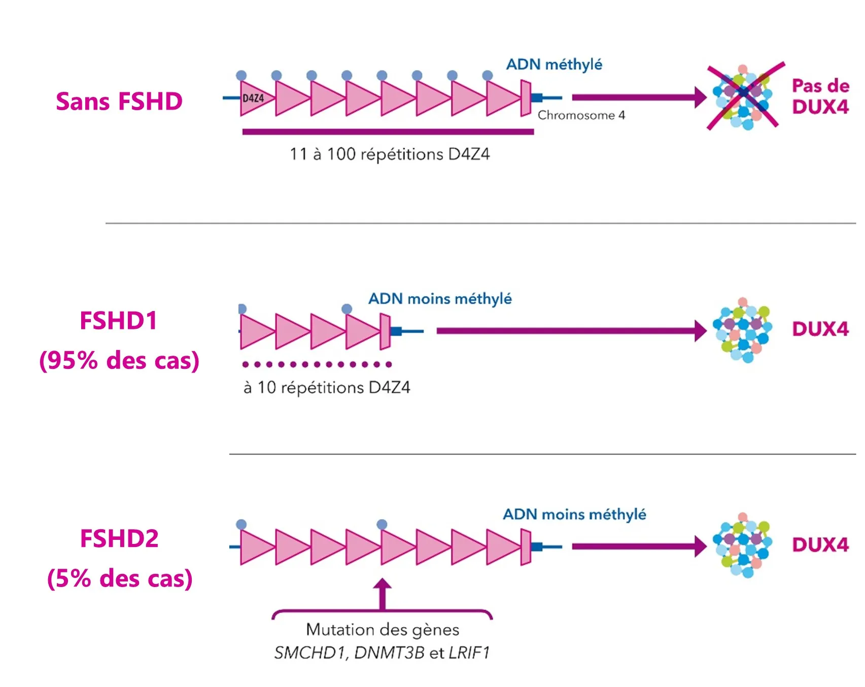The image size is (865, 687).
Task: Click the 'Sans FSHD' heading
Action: [119, 101]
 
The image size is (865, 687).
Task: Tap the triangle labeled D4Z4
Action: [254, 98]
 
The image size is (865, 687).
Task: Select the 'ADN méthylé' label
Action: [554, 64]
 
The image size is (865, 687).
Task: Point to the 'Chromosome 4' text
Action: [581, 116]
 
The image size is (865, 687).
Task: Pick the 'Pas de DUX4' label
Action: [820, 96]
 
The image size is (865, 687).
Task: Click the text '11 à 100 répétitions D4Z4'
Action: [390, 154]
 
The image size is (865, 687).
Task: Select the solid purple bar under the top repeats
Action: [388, 132]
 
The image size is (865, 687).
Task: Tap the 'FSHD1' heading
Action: [119, 321]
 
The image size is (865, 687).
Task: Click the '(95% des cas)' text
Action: [119, 361]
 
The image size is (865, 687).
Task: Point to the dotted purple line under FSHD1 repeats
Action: [317, 364]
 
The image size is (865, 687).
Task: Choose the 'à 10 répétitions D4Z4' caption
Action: [327, 388]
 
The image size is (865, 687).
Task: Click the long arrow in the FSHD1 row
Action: [571, 331]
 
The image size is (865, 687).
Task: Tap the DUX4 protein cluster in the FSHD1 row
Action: [742, 330]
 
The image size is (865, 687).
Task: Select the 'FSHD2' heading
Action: [119, 538]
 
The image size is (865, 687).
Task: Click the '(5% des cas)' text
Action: [120, 578]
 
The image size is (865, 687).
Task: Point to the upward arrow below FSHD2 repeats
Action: [382, 594]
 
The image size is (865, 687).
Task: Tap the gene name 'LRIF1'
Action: [469, 652]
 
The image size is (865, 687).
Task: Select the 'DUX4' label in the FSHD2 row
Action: [820, 545]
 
